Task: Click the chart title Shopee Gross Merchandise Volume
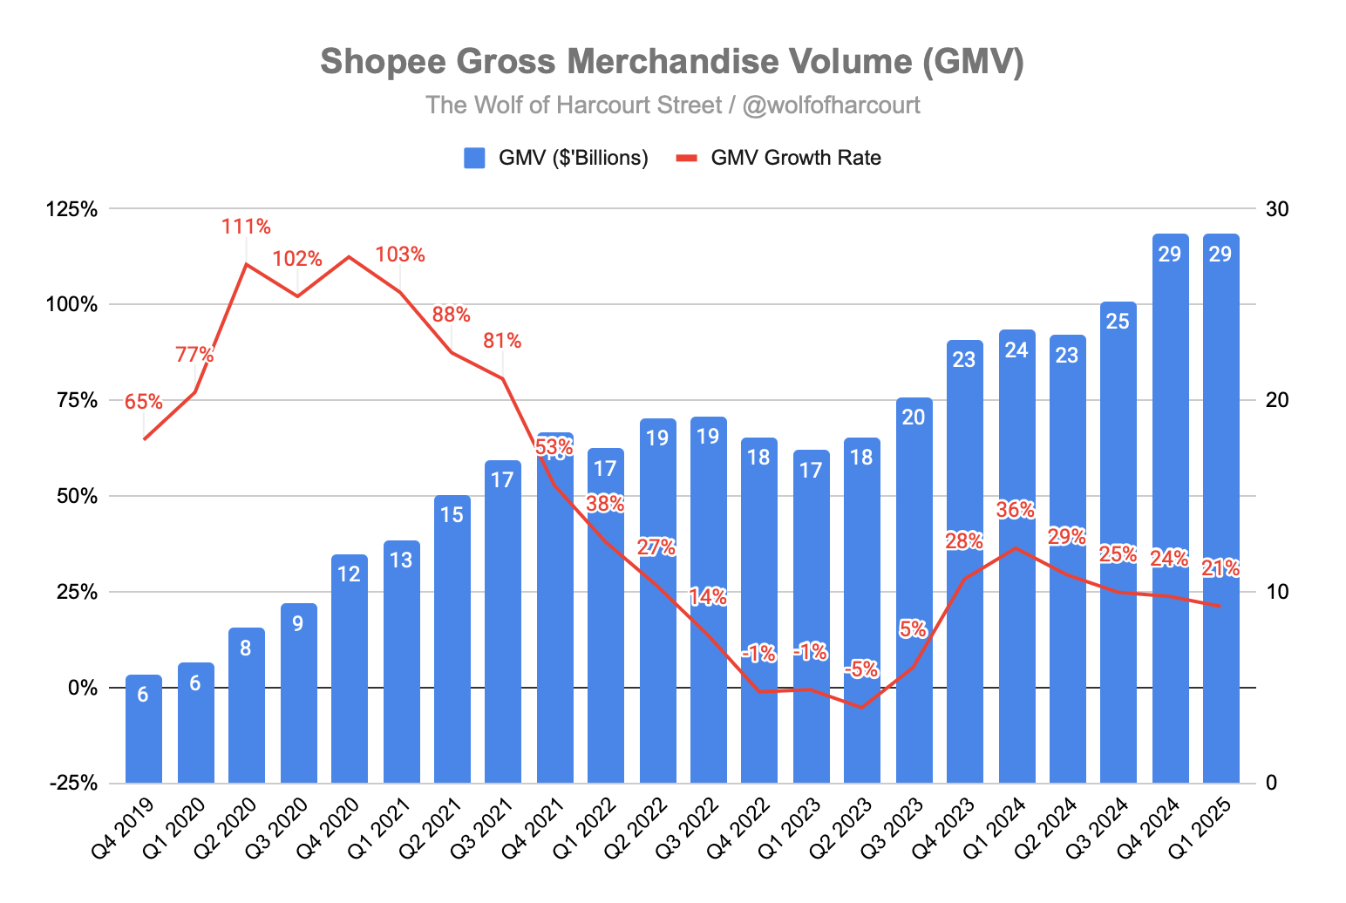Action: tap(672, 62)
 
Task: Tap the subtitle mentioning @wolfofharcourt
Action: tap(672, 105)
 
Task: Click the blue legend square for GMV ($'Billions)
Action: tap(474, 158)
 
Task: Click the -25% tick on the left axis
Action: tap(74, 783)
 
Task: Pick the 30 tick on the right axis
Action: tap(1277, 209)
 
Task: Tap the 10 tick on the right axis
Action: tap(1277, 592)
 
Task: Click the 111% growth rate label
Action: tap(246, 227)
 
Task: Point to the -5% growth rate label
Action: tap(861, 669)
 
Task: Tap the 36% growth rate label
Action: tap(1016, 510)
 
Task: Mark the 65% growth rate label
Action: tap(143, 402)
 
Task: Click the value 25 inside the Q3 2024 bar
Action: tap(1118, 322)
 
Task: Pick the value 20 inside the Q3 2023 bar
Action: tap(913, 418)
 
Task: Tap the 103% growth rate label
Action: tap(400, 255)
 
